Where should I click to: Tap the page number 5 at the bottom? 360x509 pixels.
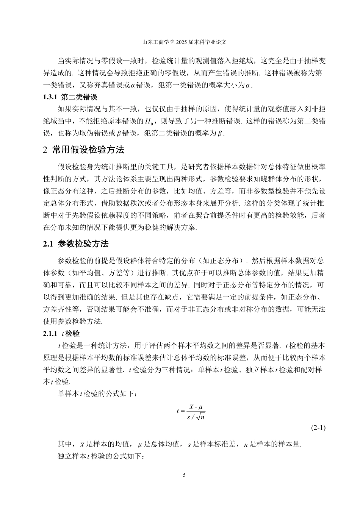pyautogui.click(x=184, y=475)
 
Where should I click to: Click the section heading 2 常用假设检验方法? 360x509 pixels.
pyautogui.click(x=84, y=150)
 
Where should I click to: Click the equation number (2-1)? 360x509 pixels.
pyautogui.click(x=318, y=428)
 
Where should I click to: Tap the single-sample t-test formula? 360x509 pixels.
pyautogui.click(x=191, y=411)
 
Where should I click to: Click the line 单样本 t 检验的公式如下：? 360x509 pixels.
pyautogui.click(x=95, y=394)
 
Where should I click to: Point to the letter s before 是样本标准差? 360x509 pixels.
pyautogui.click(x=189, y=444)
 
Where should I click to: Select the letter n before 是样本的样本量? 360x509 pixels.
pyautogui.click(x=246, y=444)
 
